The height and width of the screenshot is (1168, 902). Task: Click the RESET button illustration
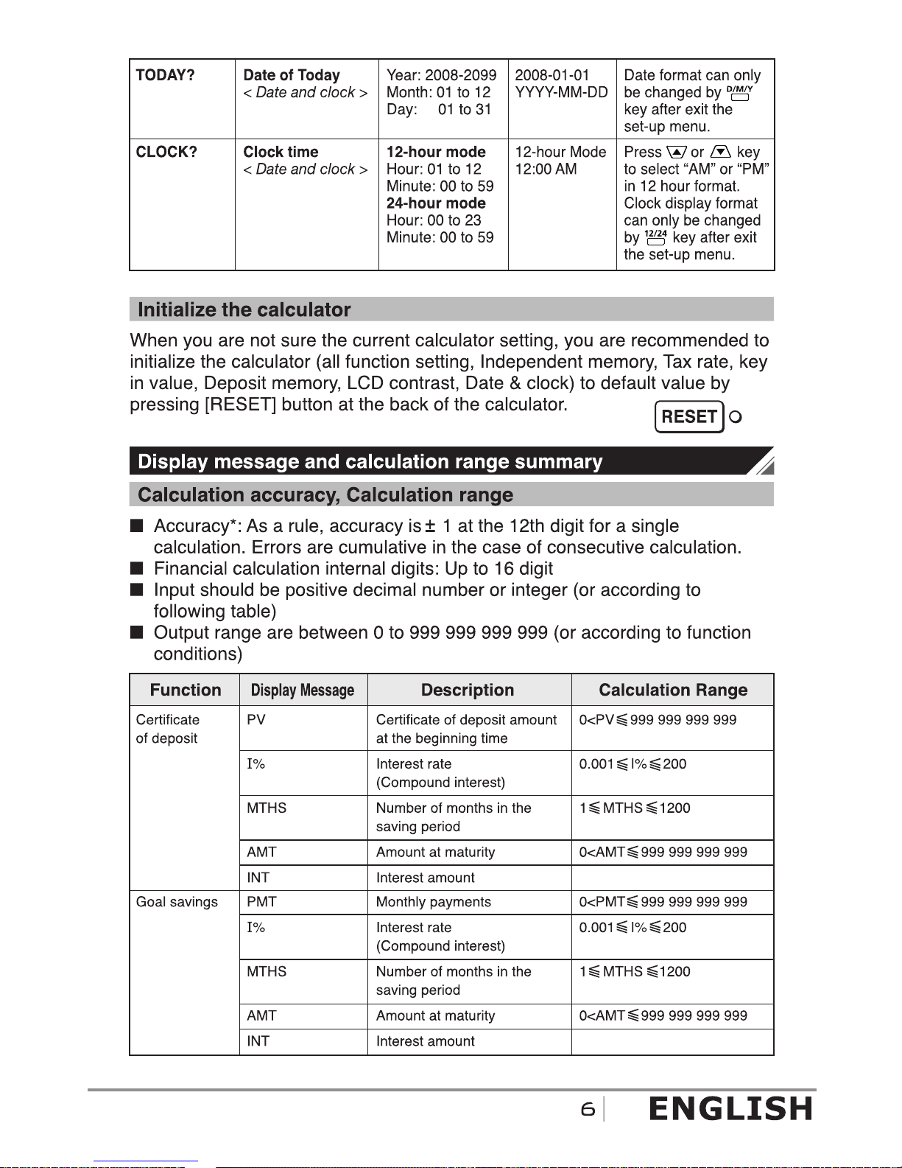tap(689, 416)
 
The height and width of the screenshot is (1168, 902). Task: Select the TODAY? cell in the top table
tap(165, 75)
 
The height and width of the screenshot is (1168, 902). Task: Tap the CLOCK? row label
tap(166, 152)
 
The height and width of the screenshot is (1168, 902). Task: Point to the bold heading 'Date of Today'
tap(292, 75)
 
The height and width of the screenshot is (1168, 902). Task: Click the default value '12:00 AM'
tap(546, 169)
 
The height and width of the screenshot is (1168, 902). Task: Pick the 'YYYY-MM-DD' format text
tap(561, 92)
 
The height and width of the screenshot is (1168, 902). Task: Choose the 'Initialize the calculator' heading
tap(244, 310)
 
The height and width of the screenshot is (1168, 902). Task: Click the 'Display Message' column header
tap(303, 690)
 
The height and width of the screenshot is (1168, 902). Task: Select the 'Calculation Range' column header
tap(673, 690)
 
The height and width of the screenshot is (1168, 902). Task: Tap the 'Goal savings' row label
tap(177, 902)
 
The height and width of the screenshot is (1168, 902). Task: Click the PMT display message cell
tap(261, 902)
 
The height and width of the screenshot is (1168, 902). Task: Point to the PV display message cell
tap(256, 720)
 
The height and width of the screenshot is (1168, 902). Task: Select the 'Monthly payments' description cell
tap(433, 902)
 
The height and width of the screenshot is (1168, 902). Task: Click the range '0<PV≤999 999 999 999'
tap(658, 720)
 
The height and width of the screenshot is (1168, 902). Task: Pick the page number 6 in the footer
tap(588, 1109)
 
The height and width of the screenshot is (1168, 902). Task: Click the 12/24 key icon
tap(655, 237)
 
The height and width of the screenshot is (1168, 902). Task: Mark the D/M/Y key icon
tap(739, 93)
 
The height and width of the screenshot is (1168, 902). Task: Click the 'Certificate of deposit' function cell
tap(167, 729)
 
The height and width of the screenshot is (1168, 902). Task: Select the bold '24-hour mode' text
tap(436, 203)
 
